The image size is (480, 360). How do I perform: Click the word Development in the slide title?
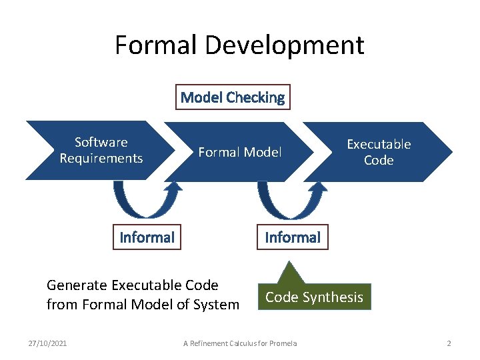(285, 45)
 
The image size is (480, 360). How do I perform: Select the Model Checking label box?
(233, 97)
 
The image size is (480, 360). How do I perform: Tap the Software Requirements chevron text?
(101, 150)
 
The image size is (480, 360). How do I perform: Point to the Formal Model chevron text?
(240, 152)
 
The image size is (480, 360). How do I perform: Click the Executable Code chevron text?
(379, 152)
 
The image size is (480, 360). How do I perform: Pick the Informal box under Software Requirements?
(147, 237)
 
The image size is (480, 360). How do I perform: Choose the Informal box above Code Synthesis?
(293, 237)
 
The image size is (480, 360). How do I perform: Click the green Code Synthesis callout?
(315, 297)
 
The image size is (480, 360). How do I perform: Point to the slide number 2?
(449, 343)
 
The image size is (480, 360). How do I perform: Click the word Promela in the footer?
(284, 343)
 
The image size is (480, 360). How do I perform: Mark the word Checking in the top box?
(255, 97)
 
